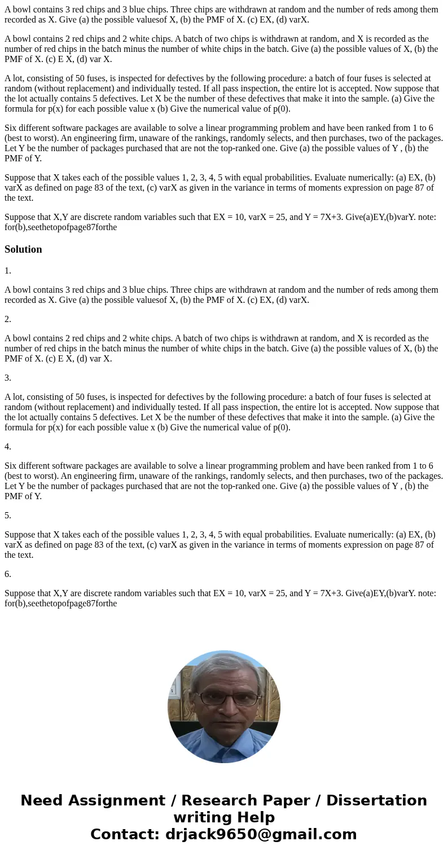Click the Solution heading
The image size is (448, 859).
point(23,249)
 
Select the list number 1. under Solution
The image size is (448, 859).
point(8,271)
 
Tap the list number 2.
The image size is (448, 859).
point(8,319)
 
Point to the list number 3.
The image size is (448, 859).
point(8,378)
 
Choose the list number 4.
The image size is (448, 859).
point(8,447)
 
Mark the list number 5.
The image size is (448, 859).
point(8,516)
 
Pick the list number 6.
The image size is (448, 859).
point(8,574)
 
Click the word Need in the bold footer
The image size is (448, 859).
point(43,801)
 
